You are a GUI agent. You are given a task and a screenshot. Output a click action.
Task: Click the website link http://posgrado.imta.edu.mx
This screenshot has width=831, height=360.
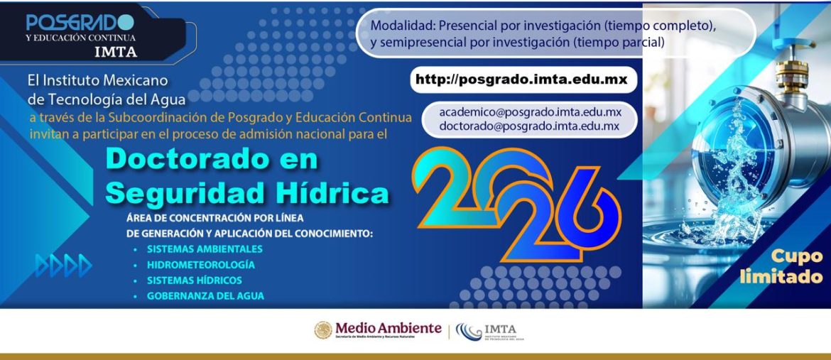(x=521, y=80)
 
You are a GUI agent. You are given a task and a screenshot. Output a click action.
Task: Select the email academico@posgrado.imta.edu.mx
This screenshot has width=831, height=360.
(x=530, y=112)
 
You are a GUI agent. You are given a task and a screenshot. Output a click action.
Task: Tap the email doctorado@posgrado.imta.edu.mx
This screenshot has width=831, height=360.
(x=528, y=126)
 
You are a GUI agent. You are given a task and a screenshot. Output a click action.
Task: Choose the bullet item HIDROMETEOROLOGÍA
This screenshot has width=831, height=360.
(x=201, y=265)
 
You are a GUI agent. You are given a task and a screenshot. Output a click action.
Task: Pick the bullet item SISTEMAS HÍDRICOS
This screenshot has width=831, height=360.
(x=195, y=280)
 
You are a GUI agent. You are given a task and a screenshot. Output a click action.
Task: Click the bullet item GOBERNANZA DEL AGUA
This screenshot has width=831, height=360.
(x=205, y=296)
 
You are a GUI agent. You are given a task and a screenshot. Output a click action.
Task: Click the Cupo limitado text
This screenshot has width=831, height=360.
(x=781, y=267)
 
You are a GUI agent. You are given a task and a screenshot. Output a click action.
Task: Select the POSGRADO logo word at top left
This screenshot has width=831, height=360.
(x=80, y=23)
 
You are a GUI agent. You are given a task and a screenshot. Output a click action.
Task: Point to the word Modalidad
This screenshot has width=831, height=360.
(x=401, y=26)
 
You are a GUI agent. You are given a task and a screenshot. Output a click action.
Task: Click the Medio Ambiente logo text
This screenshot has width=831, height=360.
(x=388, y=328)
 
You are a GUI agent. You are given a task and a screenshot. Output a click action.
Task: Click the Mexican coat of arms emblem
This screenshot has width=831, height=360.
(x=323, y=330)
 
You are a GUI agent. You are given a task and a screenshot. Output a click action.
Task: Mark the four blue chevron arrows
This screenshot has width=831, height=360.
(x=64, y=266)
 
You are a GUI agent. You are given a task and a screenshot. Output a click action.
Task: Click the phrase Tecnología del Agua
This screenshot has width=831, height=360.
(x=106, y=98)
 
